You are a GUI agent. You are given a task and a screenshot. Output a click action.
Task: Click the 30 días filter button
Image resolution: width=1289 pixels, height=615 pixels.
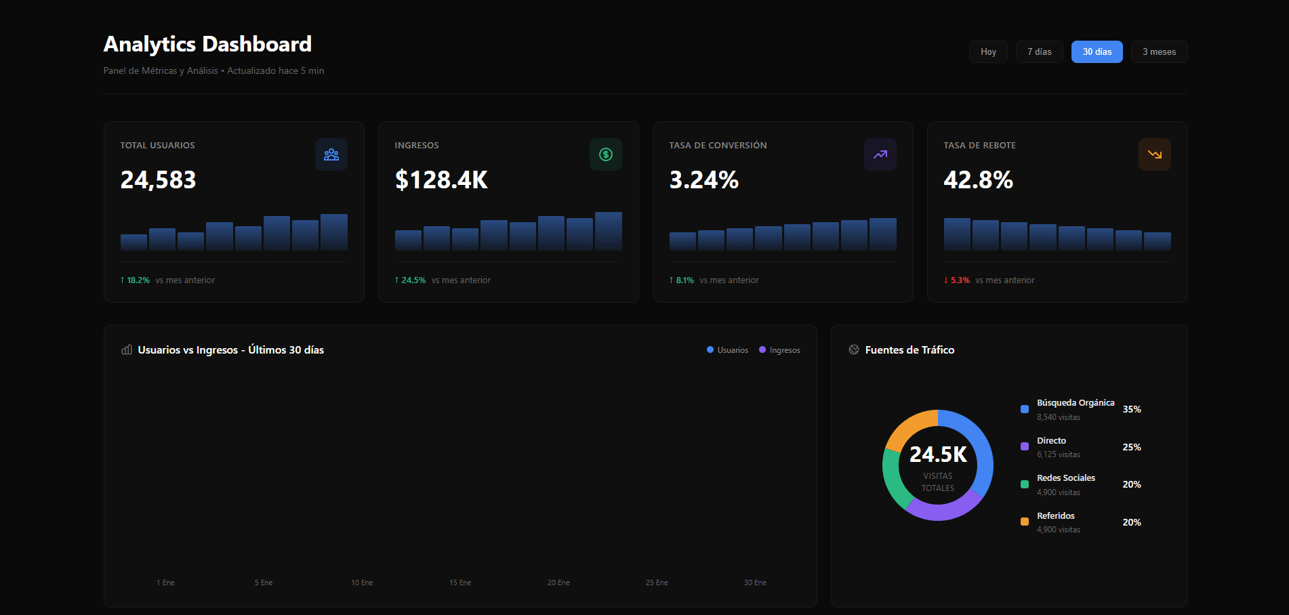click(x=1097, y=52)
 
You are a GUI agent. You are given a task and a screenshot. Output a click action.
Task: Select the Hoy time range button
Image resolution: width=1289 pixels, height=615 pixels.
click(x=988, y=52)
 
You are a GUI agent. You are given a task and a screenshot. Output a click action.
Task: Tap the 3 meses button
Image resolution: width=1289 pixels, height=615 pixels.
click(x=1159, y=52)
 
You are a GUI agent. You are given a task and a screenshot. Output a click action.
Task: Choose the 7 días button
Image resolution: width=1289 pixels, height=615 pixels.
click(x=1039, y=52)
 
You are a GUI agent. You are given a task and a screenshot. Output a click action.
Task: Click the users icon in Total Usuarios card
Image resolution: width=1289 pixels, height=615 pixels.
click(x=331, y=154)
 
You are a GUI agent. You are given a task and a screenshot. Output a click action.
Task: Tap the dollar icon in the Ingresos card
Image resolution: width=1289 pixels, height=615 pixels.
click(x=606, y=154)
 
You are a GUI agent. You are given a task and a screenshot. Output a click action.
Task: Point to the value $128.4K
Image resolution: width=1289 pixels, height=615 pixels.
click(x=441, y=180)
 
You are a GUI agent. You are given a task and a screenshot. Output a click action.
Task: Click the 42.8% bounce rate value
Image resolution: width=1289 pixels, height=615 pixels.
click(x=978, y=180)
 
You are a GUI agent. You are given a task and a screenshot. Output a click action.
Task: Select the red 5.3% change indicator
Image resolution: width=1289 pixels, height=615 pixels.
click(x=957, y=280)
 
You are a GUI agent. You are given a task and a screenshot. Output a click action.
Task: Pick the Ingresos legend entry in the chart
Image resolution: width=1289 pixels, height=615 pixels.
click(x=780, y=350)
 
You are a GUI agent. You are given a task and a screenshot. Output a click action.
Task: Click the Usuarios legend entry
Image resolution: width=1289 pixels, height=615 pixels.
click(x=728, y=350)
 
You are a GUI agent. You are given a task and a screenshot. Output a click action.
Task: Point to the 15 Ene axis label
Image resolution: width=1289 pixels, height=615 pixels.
click(x=460, y=582)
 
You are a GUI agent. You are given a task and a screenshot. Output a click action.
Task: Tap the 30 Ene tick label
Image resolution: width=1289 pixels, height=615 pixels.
click(x=755, y=582)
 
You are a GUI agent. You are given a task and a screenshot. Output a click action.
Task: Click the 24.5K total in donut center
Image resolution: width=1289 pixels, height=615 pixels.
click(x=938, y=454)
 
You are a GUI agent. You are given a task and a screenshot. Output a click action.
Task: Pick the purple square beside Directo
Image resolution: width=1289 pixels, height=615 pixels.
click(x=1025, y=446)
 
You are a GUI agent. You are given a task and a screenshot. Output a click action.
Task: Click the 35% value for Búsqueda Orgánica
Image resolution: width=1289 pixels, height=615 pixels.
click(x=1132, y=409)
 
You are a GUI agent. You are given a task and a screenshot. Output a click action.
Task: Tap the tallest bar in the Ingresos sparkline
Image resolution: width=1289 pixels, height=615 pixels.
click(x=609, y=232)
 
